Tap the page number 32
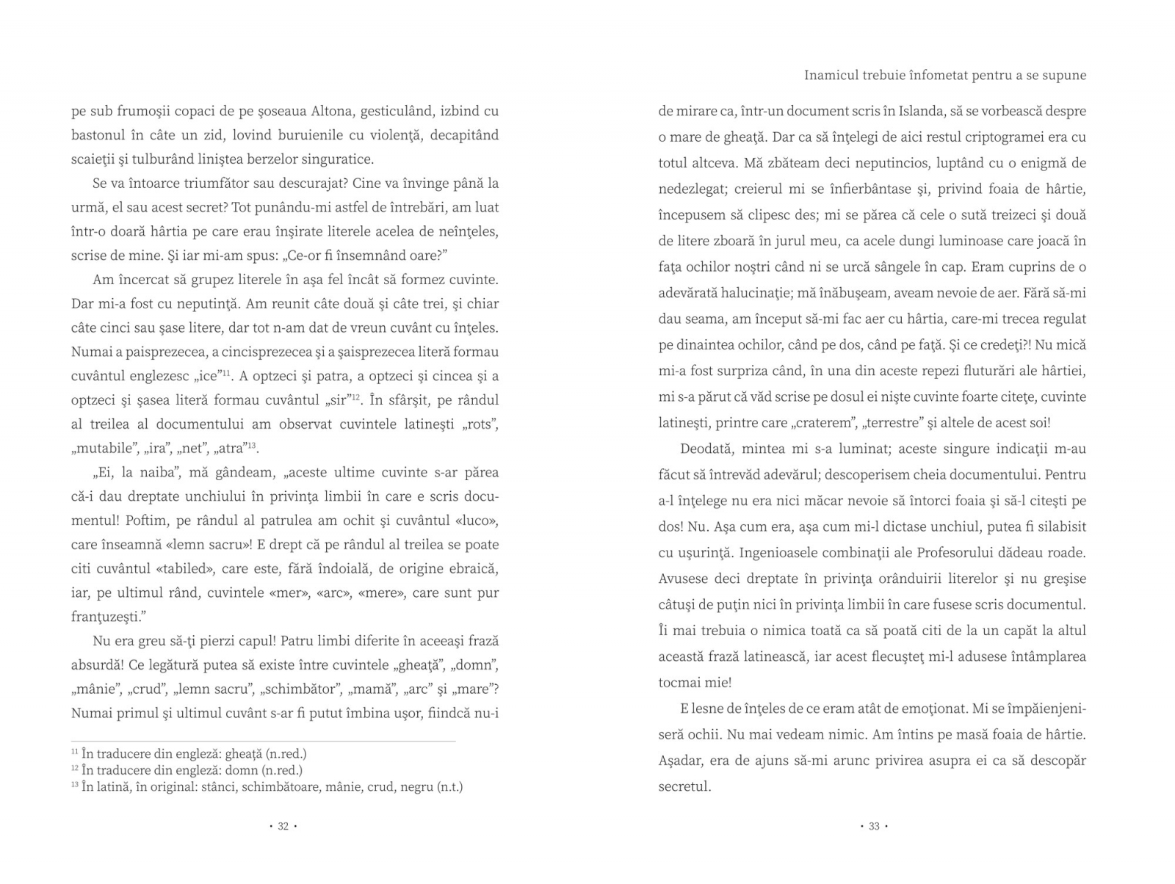283,826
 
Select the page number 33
874,826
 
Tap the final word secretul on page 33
684,786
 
